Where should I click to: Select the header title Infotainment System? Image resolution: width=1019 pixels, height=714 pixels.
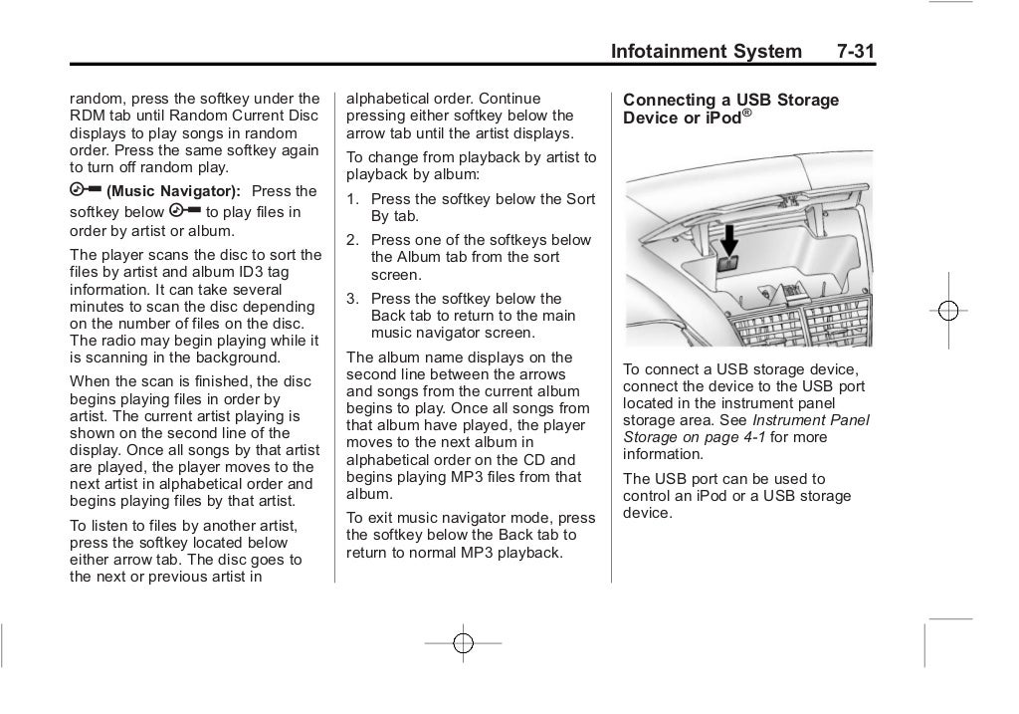(x=706, y=51)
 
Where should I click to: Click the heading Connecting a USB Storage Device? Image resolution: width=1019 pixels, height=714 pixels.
(x=730, y=109)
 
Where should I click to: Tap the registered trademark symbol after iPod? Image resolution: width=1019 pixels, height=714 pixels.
(x=746, y=114)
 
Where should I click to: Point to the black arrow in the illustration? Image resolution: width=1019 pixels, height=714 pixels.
(x=730, y=239)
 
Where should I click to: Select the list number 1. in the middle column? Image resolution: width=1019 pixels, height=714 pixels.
(x=352, y=199)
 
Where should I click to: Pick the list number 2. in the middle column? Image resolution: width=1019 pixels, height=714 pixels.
(x=352, y=240)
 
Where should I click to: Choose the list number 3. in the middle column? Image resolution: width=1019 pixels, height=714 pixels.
(x=352, y=299)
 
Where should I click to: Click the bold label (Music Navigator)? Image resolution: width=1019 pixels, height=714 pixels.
(x=173, y=191)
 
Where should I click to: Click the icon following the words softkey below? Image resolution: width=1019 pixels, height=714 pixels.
(x=185, y=211)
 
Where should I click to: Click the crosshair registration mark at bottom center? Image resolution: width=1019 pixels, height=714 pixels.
(x=463, y=643)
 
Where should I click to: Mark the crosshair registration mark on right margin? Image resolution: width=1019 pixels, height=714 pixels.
(x=948, y=311)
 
